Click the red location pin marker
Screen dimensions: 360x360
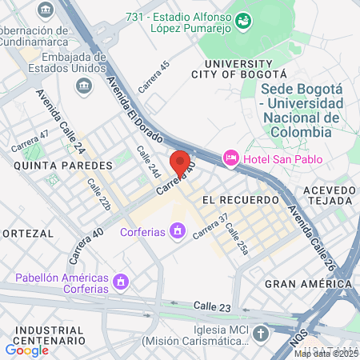181,164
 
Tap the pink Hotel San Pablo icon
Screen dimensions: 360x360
231,158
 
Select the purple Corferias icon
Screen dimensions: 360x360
177,232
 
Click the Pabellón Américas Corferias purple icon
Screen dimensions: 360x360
121,282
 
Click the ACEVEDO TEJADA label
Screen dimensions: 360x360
329,195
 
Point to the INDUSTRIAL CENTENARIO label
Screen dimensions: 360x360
50,335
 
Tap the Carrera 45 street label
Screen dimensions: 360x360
154,76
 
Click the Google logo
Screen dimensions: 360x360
26,350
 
